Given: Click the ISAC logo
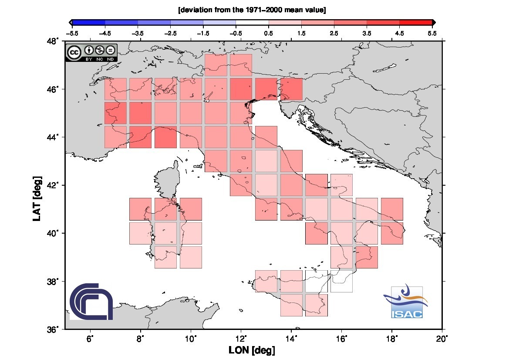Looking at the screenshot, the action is coord(406,302).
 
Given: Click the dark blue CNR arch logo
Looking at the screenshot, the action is coord(91,301).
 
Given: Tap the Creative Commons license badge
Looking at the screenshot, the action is coord(91,53).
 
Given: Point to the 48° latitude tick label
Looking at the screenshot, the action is coord(53,41).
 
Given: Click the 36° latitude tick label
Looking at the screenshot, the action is coord(53,329).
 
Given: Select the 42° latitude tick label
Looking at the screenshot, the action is coord(53,185).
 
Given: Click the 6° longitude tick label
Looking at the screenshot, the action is coord(90,339).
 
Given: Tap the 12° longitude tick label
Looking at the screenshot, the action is coord(241,339).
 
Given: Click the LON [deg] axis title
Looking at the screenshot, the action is coord(252,350).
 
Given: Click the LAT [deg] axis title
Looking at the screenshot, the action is coord(37,199).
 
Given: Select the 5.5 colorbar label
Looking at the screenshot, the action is coord(432,33).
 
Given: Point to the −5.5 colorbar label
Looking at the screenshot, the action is coord(72,33).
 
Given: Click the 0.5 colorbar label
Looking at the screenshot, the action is coord(269,33).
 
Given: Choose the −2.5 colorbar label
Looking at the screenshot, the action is coord(170,33).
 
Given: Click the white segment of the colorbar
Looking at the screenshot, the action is coord(252,22).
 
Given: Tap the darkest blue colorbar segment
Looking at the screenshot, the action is coord(89,22).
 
